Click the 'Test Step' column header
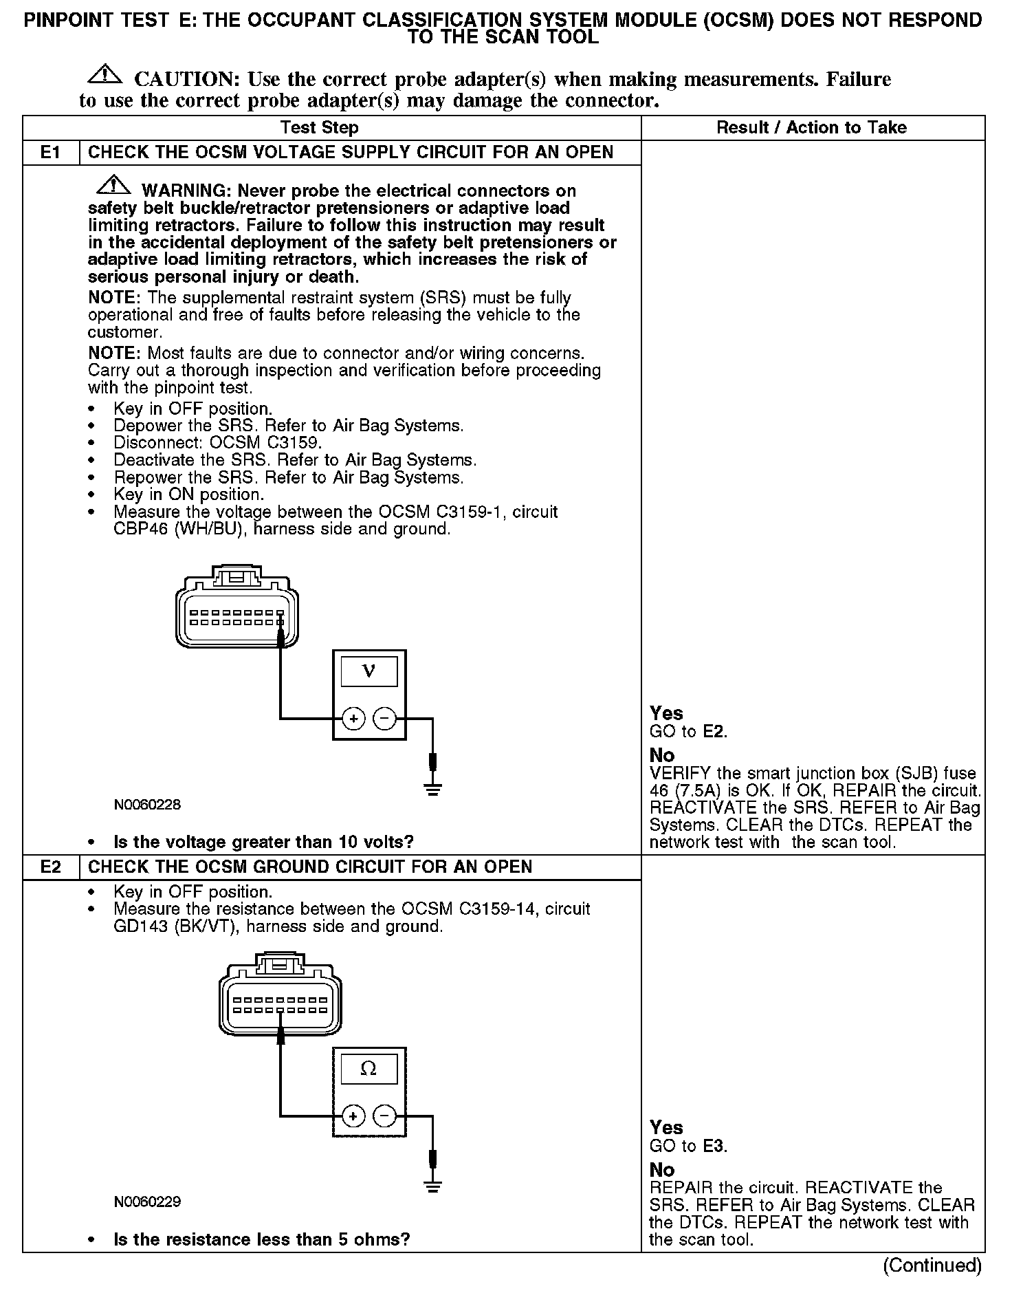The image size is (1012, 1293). tap(319, 128)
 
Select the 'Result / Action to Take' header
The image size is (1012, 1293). tap(811, 128)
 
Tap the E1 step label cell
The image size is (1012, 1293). tap(51, 152)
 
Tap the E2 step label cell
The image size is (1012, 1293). tap(51, 867)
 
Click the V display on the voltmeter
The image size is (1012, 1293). tap(368, 671)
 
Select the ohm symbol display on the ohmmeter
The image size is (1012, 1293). tap(368, 1069)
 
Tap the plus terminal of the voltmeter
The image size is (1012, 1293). tap(353, 719)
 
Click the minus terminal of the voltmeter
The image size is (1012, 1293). tap(384, 719)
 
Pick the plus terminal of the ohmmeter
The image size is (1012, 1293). tap(353, 1116)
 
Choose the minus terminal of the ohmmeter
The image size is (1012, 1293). tap(384, 1116)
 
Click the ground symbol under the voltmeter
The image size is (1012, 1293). tap(432, 788)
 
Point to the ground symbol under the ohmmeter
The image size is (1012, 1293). tap(432, 1186)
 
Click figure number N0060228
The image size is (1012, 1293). tap(147, 805)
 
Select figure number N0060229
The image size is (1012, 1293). tap(147, 1202)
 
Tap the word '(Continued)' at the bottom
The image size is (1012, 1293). tap(932, 1265)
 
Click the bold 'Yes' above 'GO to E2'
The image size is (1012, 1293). tap(666, 713)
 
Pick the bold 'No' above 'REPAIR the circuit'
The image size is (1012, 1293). tap(662, 1170)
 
